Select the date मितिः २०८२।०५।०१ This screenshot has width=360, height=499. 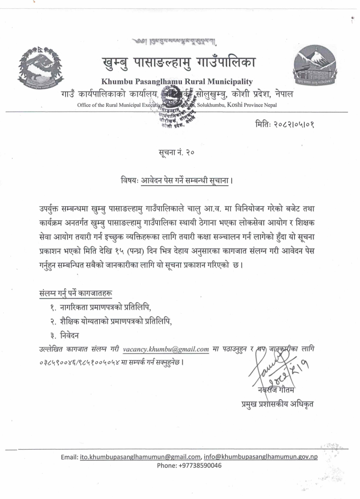click(x=294, y=125)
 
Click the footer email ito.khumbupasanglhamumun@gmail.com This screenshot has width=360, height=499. click(x=139, y=456)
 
